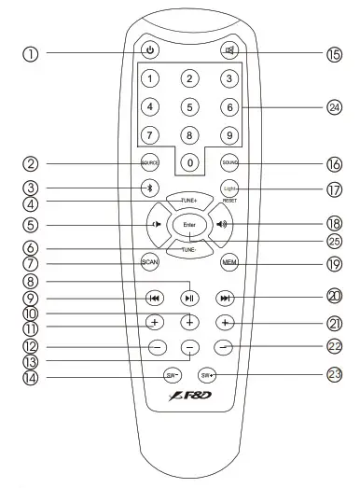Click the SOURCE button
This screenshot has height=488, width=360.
pyautogui.click(x=151, y=162)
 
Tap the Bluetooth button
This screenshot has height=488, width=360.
pyautogui.click(x=149, y=187)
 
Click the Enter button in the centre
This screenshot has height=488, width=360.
pyautogui.click(x=189, y=224)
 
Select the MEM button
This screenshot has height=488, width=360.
pyautogui.click(x=228, y=263)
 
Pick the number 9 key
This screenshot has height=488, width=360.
pyautogui.click(x=227, y=134)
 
